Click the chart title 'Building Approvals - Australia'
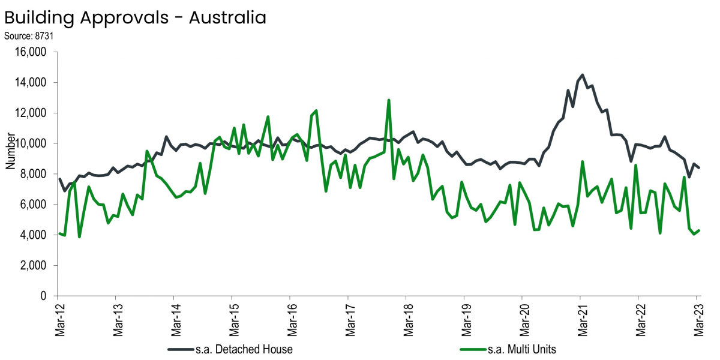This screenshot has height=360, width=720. [x=135, y=17]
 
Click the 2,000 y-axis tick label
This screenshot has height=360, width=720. [x=35, y=266]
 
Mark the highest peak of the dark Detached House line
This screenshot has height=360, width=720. [x=583, y=75]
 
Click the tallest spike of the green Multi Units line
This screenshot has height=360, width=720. [x=389, y=100]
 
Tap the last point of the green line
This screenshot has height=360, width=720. [x=699, y=230]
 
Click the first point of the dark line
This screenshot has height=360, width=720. [x=59, y=179]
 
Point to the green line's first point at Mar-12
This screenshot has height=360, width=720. [x=59, y=233]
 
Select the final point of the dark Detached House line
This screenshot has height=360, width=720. [x=699, y=168]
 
